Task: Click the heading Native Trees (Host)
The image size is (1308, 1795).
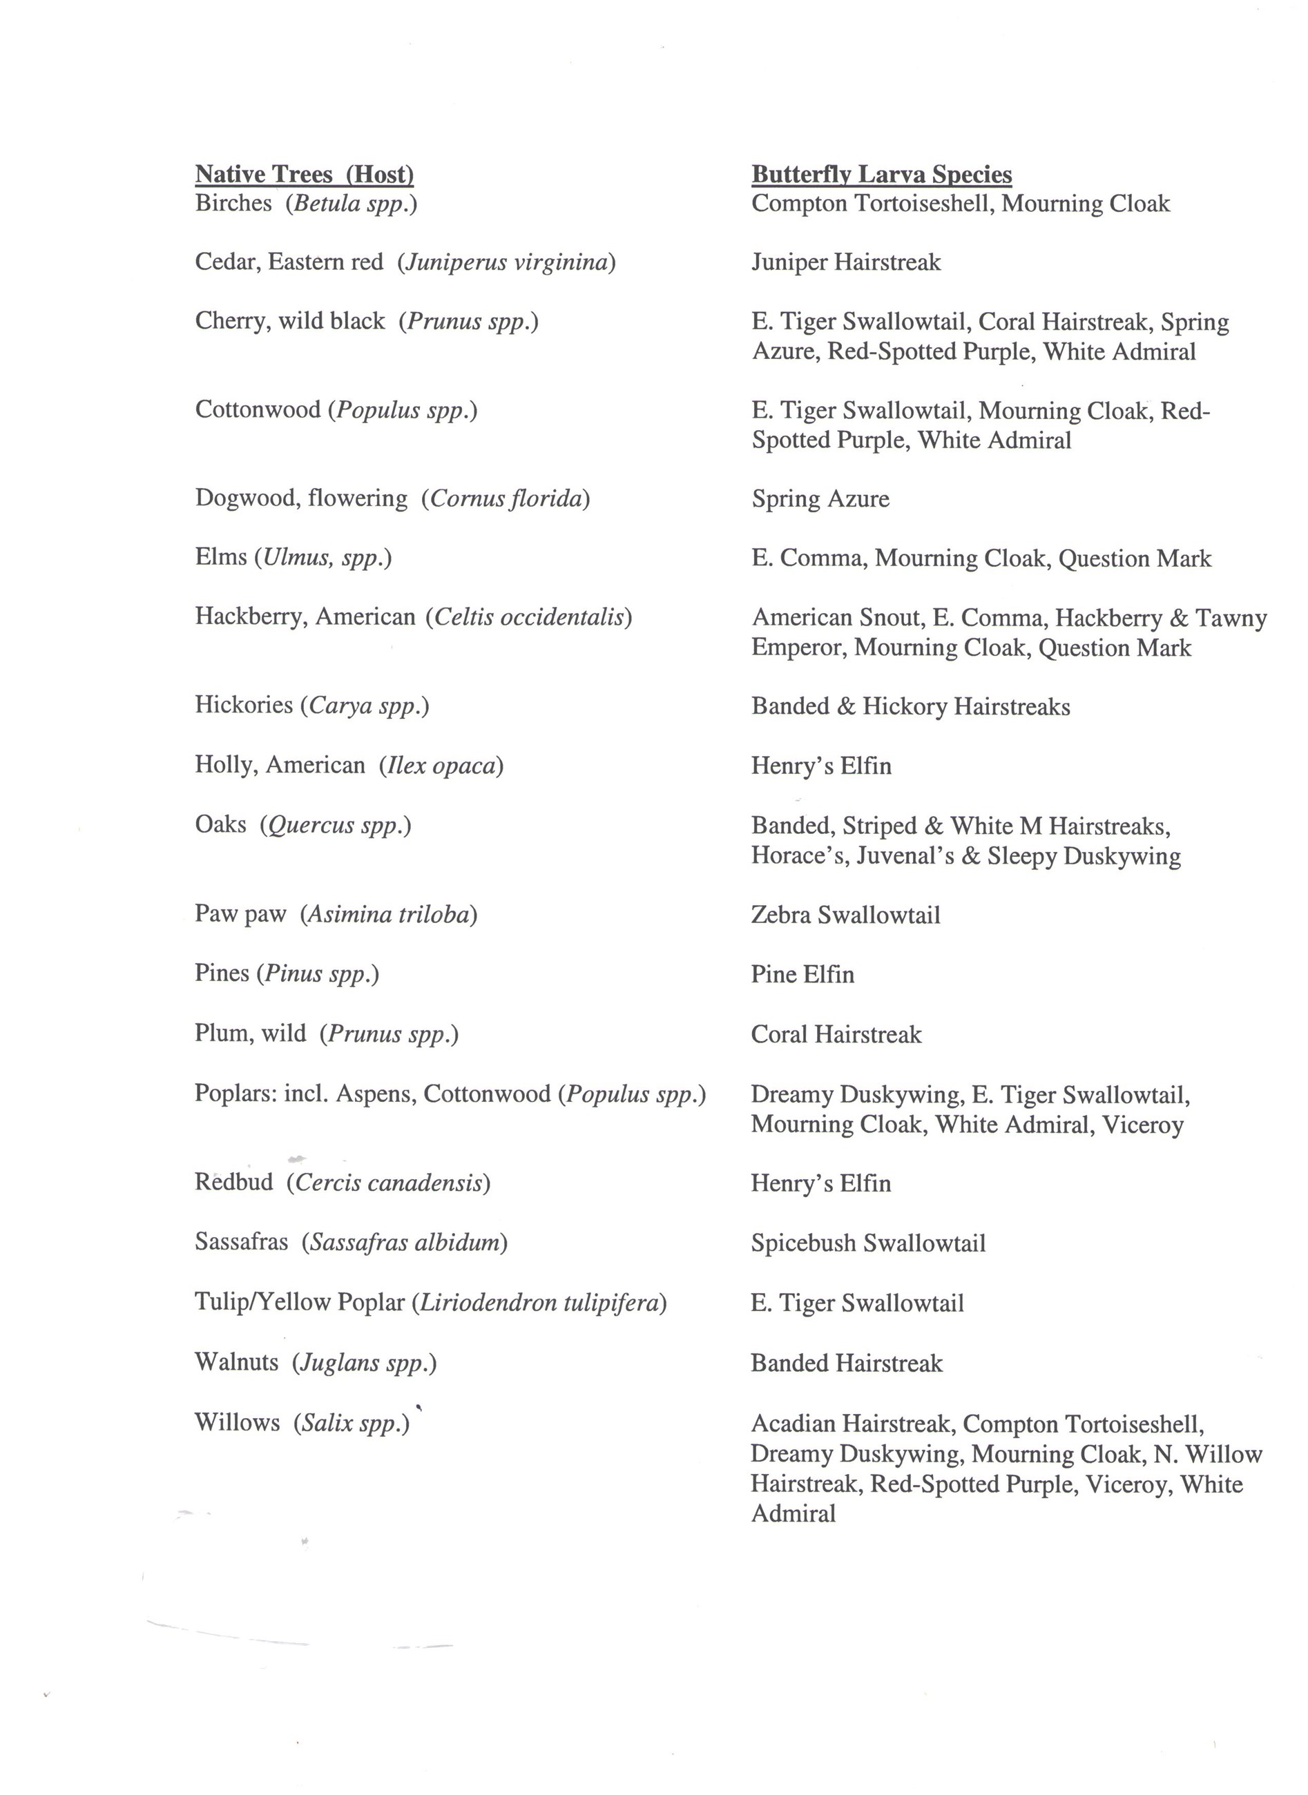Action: (304, 174)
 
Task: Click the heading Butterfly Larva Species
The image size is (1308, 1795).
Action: (881, 174)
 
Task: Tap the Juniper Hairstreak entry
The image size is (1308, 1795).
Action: (845, 263)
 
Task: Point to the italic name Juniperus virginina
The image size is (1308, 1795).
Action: (507, 263)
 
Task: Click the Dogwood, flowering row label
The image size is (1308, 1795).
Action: (301, 498)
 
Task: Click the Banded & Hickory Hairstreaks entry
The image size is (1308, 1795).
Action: (910, 707)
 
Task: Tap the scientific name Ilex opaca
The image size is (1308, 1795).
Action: (441, 766)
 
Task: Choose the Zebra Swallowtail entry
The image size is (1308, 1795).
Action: (845, 915)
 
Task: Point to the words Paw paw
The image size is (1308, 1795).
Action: (240, 914)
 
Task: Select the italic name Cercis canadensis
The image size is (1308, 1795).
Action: (388, 1183)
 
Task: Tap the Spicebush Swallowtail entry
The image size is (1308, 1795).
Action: (868, 1243)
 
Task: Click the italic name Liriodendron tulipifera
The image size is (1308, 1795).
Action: (539, 1303)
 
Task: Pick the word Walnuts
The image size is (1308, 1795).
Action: (236, 1362)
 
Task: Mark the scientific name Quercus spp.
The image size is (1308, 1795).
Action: (336, 826)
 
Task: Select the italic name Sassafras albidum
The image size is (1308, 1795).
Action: (404, 1243)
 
